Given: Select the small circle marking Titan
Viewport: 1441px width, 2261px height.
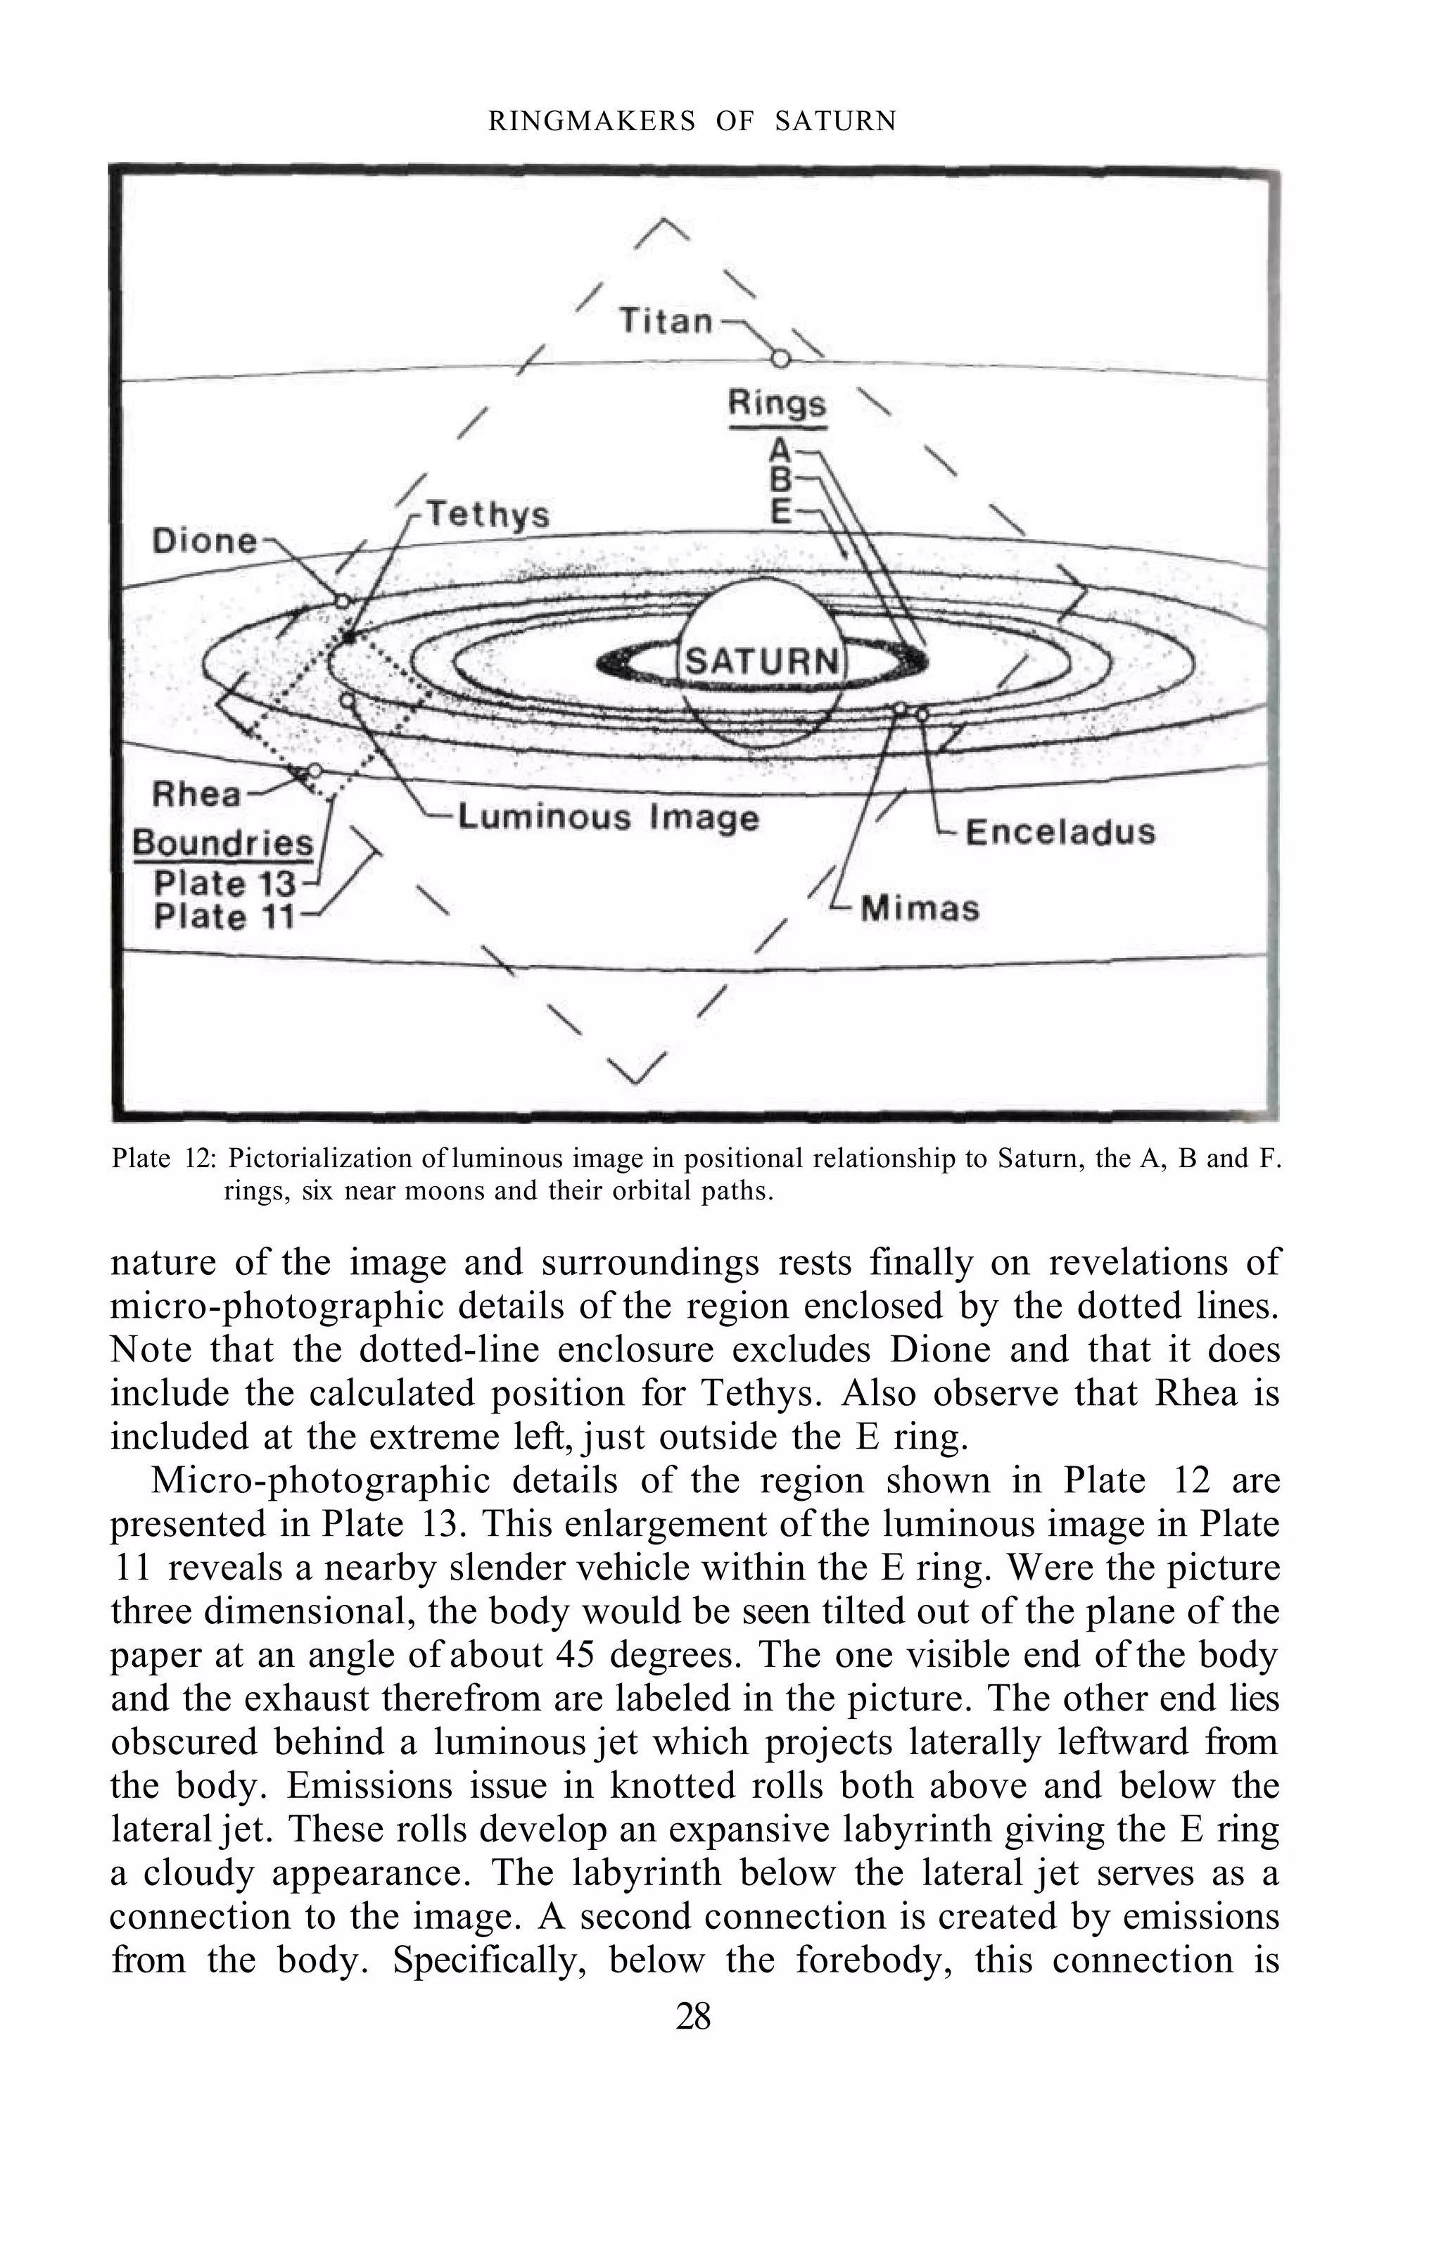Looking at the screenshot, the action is coord(779,358).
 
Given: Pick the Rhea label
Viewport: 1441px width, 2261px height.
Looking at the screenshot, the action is coord(197,794).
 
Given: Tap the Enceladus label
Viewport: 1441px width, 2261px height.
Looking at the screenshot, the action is coord(1060,832).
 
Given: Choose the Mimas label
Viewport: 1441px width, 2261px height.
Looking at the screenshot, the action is coord(920,908).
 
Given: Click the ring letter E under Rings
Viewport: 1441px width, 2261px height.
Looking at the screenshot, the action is coord(780,512).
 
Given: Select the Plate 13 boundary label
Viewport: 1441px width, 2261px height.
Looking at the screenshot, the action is coord(224,883).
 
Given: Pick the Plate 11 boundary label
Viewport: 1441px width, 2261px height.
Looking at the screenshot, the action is coord(224,916).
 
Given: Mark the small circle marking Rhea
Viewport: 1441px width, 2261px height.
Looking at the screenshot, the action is coord(315,771).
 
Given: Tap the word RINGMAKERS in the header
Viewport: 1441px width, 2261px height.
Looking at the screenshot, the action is coord(592,121).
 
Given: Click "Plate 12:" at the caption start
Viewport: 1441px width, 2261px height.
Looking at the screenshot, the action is coord(164,1159).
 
